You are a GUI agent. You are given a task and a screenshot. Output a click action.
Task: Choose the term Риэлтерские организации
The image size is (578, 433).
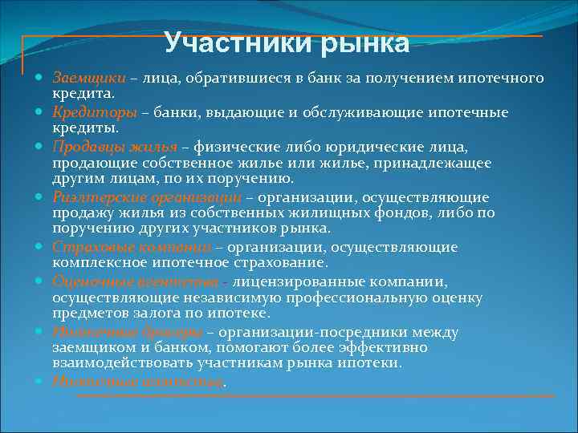(x=147, y=197)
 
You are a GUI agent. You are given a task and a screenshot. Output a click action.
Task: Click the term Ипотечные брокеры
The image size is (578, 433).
(x=127, y=332)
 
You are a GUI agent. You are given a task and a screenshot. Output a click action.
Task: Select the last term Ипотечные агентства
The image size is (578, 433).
(x=136, y=382)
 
